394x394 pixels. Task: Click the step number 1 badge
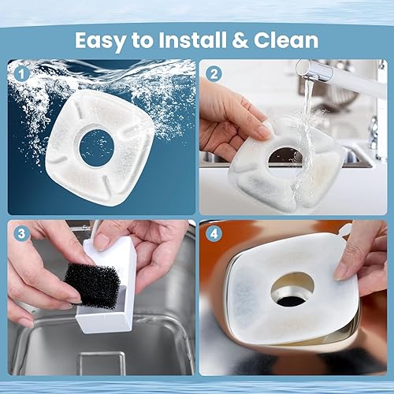coord(20,74)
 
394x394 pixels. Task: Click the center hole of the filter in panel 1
coord(97,147)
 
